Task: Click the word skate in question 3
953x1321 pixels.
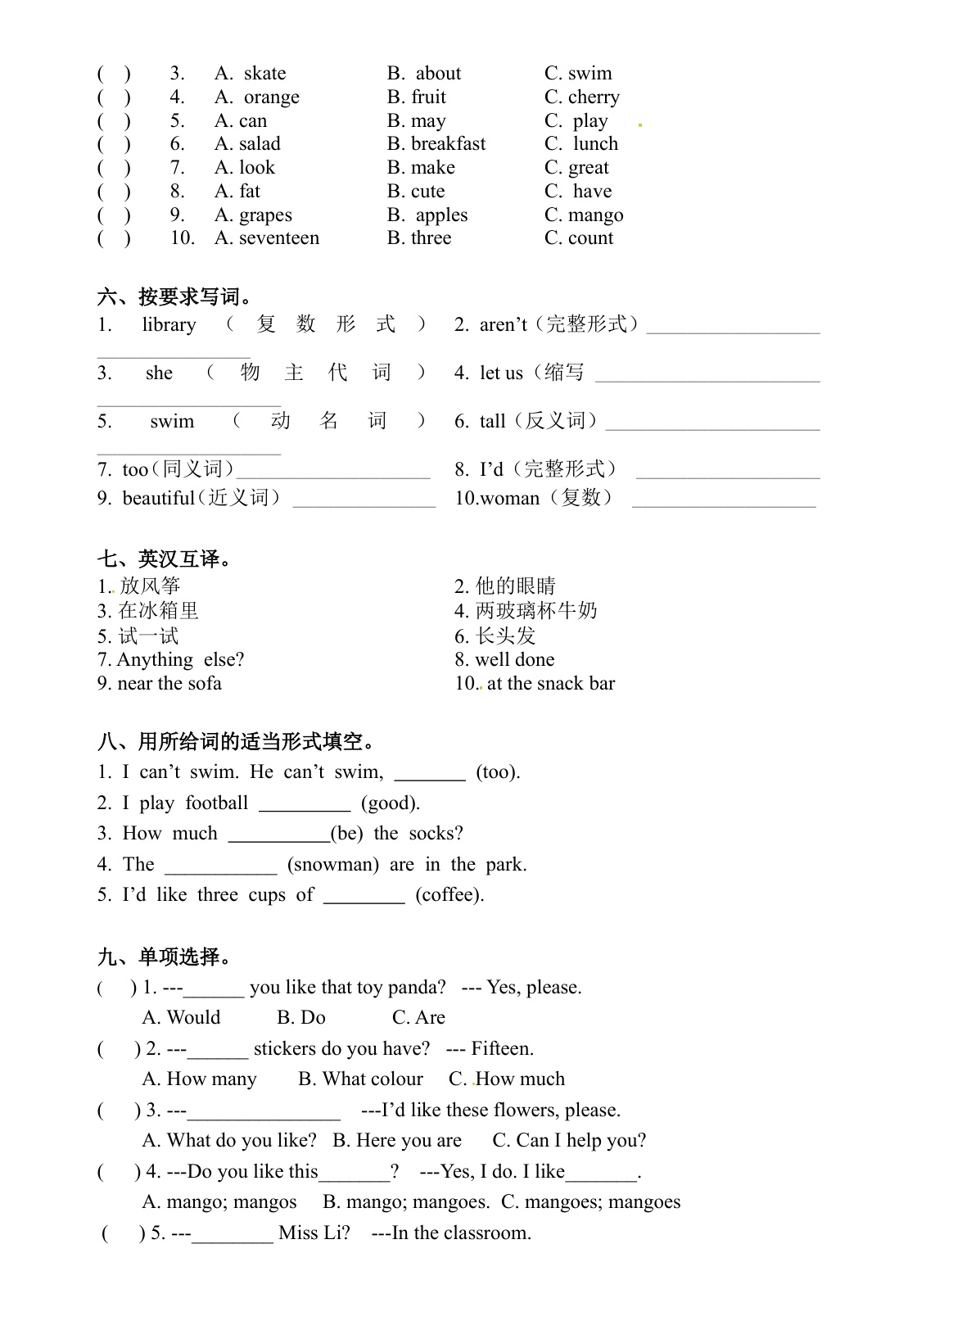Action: click(x=264, y=74)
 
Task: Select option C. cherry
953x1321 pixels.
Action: click(x=582, y=97)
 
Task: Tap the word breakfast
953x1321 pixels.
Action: click(x=448, y=144)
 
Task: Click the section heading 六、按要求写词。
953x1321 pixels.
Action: click(x=175, y=296)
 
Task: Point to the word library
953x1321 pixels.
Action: click(x=169, y=325)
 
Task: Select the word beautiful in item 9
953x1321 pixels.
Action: click(x=158, y=498)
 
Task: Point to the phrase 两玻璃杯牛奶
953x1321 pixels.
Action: click(x=536, y=611)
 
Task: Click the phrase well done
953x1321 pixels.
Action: click(x=514, y=660)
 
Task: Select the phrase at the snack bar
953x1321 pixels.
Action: click(x=550, y=684)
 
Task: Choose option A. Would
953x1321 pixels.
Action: click(x=181, y=1018)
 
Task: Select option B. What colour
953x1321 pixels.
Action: click(x=360, y=1079)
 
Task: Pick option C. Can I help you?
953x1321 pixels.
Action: click(x=569, y=1141)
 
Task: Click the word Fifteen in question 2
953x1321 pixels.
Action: click(x=502, y=1049)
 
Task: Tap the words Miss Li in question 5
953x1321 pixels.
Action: click(x=314, y=1233)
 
